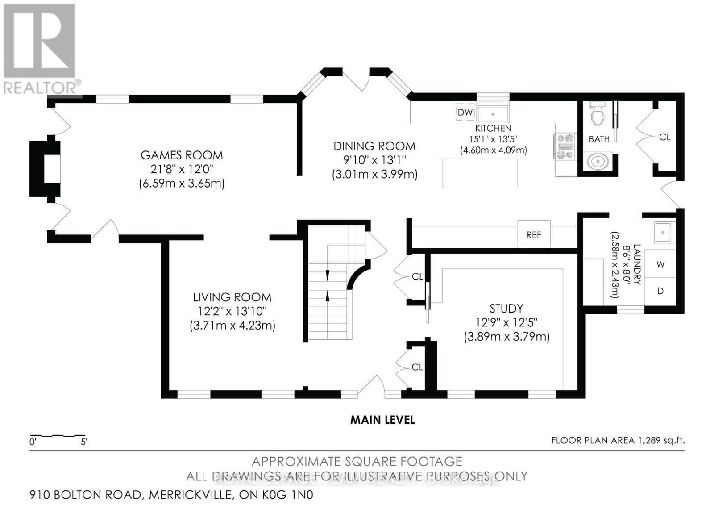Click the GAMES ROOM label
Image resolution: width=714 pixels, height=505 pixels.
click(x=181, y=155)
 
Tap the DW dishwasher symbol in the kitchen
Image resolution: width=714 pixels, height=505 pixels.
click(x=465, y=112)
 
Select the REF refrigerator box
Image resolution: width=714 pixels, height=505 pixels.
click(x=533, y=235)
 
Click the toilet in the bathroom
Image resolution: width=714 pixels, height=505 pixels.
click(x=597, y=115)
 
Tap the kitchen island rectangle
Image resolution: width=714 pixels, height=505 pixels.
click(x=480, y=173)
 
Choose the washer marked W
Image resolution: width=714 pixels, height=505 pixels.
click(x=660, y=264)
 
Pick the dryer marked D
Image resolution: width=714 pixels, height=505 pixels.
click(x=660, y=291)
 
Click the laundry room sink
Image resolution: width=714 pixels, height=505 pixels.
click(x=664, y=232)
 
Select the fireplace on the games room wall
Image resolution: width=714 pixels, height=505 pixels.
click(x=46, y=169)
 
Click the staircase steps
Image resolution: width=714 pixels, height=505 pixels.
click(x=328, y=295)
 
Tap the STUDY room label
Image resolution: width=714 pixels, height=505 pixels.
click(x=506, y=309)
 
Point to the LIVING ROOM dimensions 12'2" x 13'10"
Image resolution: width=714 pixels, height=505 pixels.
click(x=232, y=311)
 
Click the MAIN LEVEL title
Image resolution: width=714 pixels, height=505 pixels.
click(x=382, y=420)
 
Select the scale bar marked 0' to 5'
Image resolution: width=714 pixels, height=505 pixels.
click(x=58, y=436)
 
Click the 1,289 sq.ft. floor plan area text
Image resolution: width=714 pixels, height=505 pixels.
click(x=618, y=440)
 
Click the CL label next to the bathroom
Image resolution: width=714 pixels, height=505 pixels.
click(x=664, y=137)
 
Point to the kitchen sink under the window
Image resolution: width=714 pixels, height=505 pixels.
click(x=493, y=113)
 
